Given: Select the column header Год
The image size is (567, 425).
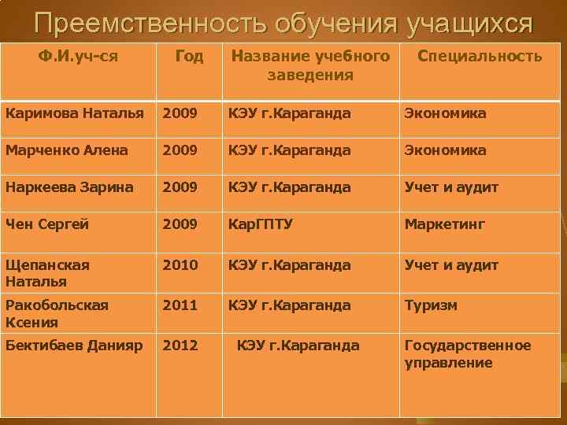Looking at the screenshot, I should click(188, 56).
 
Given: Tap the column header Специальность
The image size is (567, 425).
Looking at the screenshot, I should click(479, 56).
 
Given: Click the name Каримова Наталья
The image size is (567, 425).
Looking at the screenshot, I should click(75, 113).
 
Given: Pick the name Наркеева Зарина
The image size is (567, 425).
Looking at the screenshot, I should click(69, 187).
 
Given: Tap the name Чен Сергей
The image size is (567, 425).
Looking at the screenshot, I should click(46, 224).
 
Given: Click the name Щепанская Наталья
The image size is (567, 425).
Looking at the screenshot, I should click(47, 273).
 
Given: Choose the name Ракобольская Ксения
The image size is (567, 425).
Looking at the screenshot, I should click(57, 313).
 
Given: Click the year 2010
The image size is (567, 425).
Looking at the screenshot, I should click(180, 265).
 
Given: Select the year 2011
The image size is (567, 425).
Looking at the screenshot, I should click(180, 305).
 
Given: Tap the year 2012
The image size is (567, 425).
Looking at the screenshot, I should click(180, 346).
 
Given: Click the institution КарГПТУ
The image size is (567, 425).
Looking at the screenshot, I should click(260, 224).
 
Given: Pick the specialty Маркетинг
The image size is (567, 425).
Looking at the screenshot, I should click(445, 224).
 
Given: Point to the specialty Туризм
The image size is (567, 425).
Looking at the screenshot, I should click(431, 305).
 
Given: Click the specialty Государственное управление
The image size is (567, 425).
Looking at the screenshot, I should click(467, 354).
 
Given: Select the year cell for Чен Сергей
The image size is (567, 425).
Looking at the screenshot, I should click(180, 224).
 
